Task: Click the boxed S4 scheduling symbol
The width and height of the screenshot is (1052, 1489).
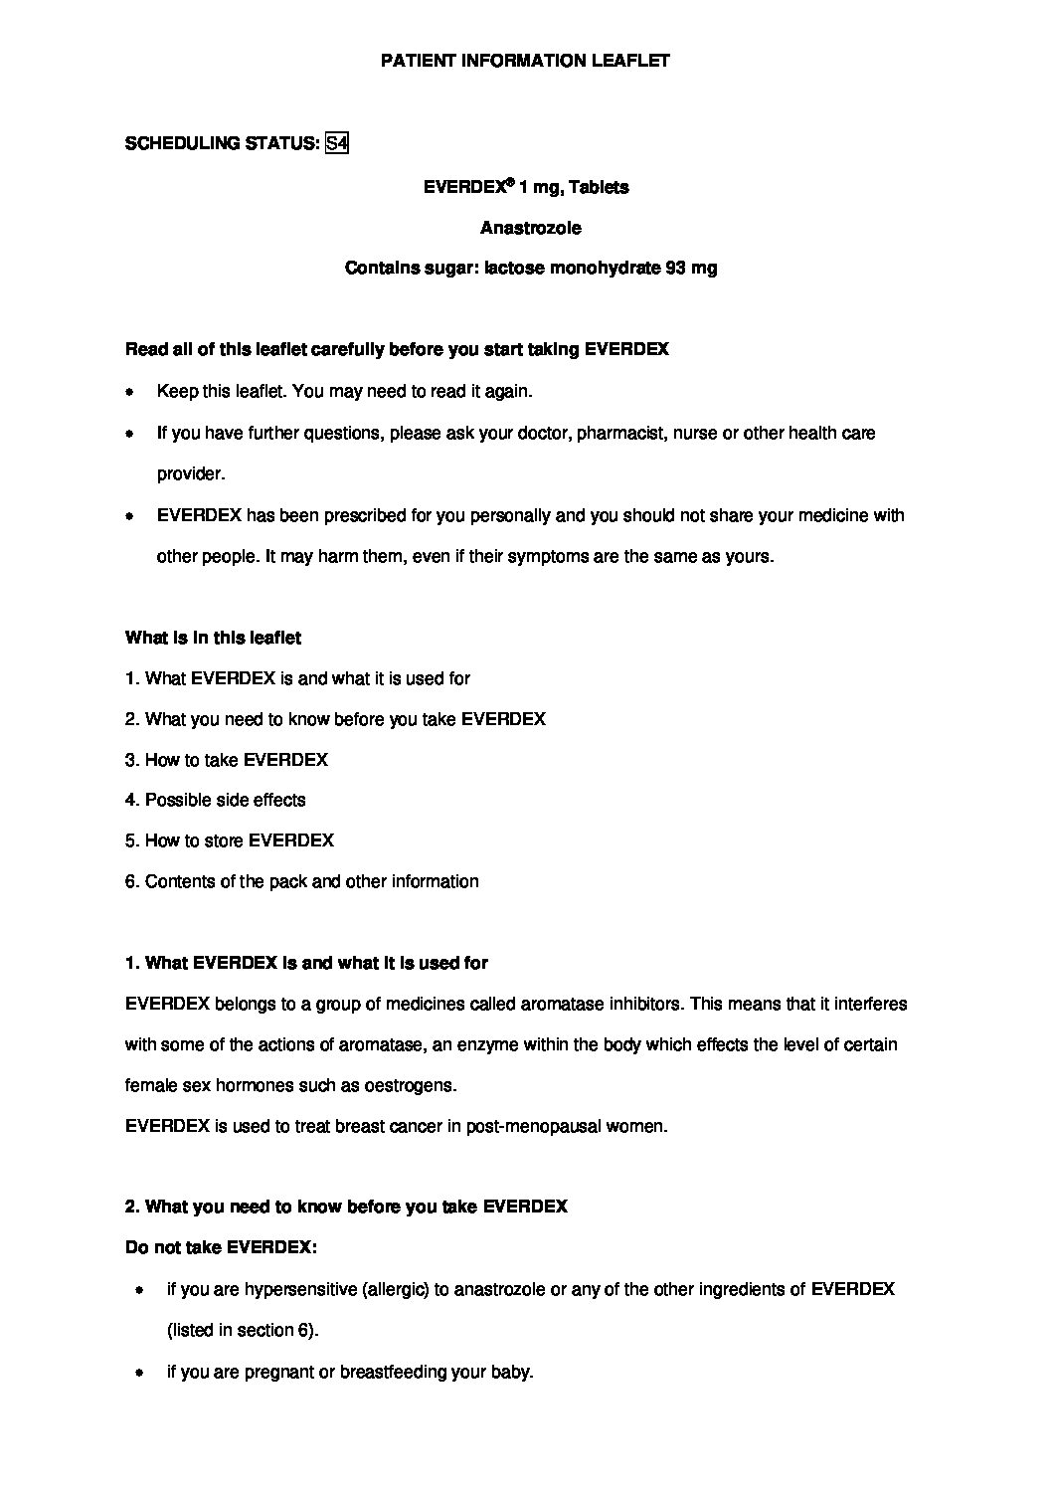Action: pos(337,143)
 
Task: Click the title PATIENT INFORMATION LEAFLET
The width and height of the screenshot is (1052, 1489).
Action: pos(526,61)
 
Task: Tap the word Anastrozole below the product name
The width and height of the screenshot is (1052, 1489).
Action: pos(531,228)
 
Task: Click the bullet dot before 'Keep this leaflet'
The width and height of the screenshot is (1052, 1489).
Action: pos(129,392)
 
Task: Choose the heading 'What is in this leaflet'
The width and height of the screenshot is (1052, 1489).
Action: pos(213,637)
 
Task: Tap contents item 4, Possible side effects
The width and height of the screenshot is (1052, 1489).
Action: pos(216,800)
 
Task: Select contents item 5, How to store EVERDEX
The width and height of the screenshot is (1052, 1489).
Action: pos(230,840)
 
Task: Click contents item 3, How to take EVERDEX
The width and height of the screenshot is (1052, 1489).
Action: pos(227,759)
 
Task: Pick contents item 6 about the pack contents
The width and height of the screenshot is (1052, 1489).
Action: pos(302,881)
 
